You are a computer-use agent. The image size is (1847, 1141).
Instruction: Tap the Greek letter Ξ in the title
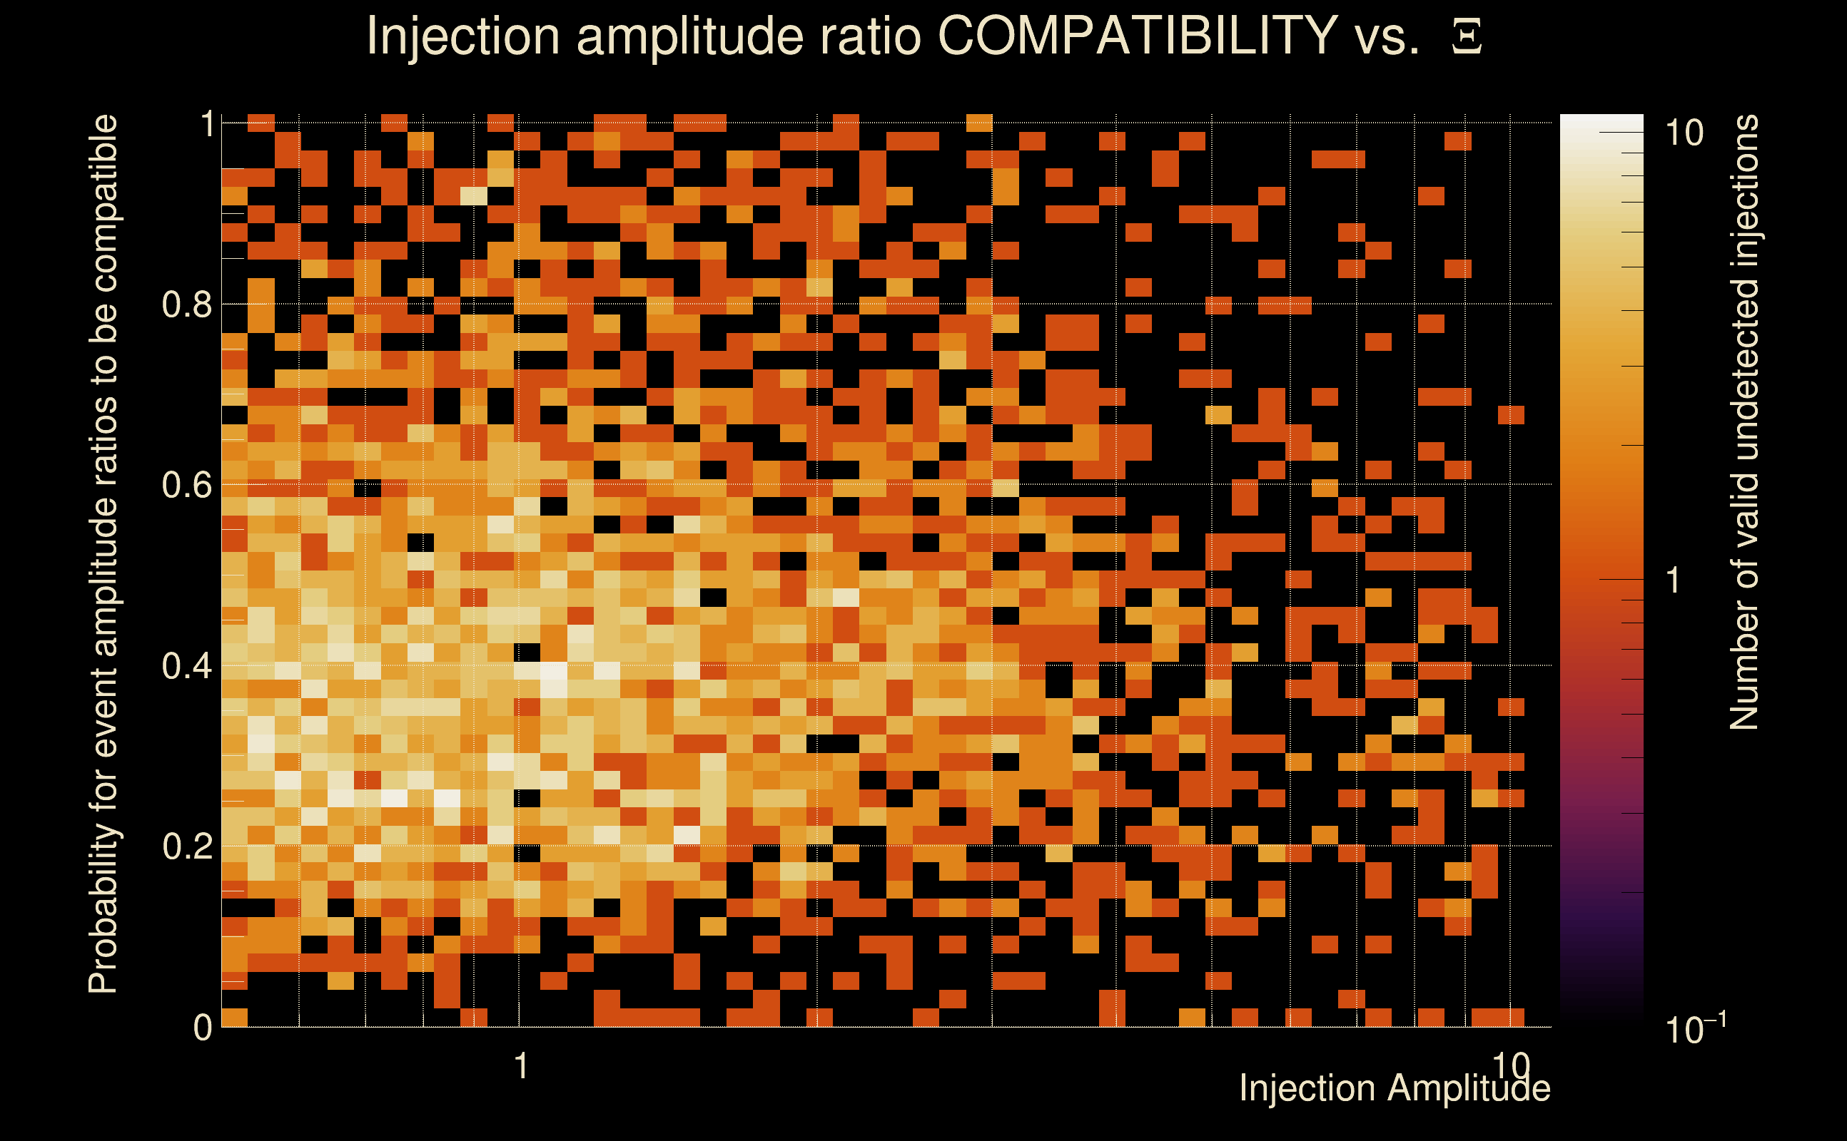click(1467, 36)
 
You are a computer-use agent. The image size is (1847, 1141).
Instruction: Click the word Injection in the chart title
click(462, 36)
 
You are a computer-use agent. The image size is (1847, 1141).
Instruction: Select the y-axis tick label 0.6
click(187, 484)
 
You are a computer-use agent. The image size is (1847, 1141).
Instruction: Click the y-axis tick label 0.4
click(187, 665)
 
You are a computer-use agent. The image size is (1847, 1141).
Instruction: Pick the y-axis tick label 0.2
click(187, 846)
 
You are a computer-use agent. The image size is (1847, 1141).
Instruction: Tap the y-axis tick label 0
click(203, 1027)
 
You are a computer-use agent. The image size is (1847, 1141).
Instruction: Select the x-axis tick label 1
click(520, 1066)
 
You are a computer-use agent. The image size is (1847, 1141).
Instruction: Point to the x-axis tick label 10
click(1511, 1065)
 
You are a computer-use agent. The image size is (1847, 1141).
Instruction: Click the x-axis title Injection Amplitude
click(1395, 1088)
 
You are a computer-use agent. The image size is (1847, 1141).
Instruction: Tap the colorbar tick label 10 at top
click(1684, 133)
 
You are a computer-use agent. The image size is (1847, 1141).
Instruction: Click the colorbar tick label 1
click(1674, 580)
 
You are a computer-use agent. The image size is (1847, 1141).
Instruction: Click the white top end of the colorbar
click(1601, 121)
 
